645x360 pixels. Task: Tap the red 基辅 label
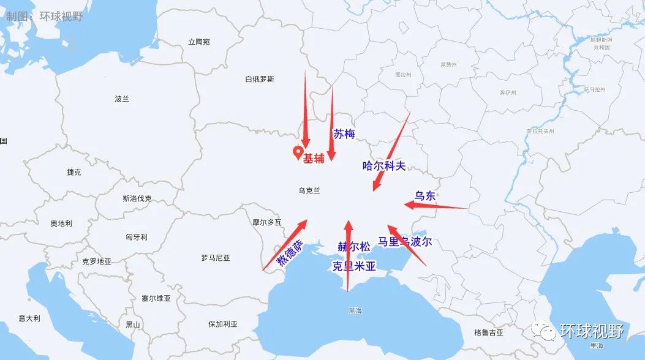pos(314,157)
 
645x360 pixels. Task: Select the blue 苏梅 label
pos(344,133)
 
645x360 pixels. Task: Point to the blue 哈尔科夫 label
pos(384,165)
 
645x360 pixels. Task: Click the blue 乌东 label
pos(424,196)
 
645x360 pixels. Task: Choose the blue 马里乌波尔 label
pos(405,242)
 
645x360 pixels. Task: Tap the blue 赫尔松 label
pos(354,247)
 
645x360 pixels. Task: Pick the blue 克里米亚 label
pos(353,266)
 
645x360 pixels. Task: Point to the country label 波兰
pos(122,99)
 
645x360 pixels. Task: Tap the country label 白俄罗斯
pos(259,79)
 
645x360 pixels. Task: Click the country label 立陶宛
pos(199,42)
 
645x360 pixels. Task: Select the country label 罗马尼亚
pos(215,258)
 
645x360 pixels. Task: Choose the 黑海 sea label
pos(355,310)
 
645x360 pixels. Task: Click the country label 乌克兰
pos(309,190)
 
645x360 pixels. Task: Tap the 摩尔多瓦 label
pos(266,222)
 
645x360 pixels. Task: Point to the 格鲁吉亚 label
pos(488,332)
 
